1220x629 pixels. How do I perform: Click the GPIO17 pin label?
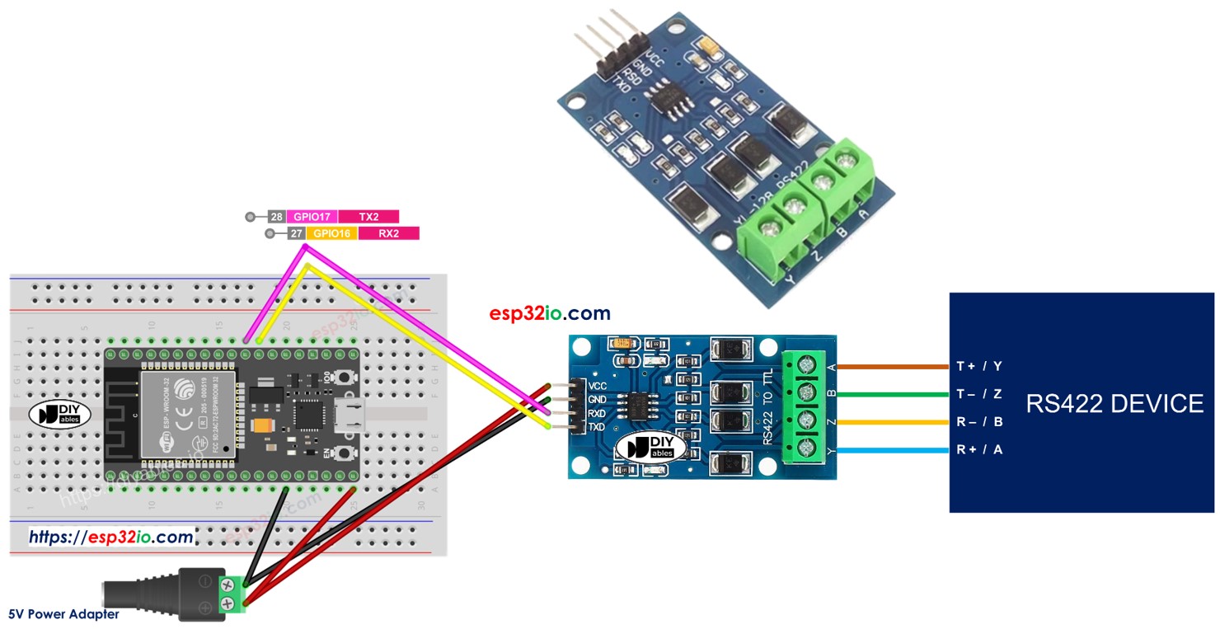point(311,217)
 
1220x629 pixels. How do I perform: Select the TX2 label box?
point(368,217)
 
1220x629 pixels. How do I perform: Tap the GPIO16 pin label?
point(331,233)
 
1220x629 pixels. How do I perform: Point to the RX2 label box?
point(388,233)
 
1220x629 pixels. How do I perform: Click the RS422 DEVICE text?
point(1114,403)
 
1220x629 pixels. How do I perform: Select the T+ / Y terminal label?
point(979,366)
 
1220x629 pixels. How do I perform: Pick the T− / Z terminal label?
point(979,394)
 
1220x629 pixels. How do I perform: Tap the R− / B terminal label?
point(979,422)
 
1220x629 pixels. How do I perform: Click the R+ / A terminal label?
point(979,450)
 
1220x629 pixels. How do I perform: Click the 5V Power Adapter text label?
point(63,614)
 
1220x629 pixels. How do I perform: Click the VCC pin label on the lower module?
point(598,386)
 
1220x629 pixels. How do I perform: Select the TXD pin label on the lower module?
point(598,427)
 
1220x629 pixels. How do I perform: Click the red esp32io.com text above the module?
point(550,313)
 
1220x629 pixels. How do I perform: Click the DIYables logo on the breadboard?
point(59,415)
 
